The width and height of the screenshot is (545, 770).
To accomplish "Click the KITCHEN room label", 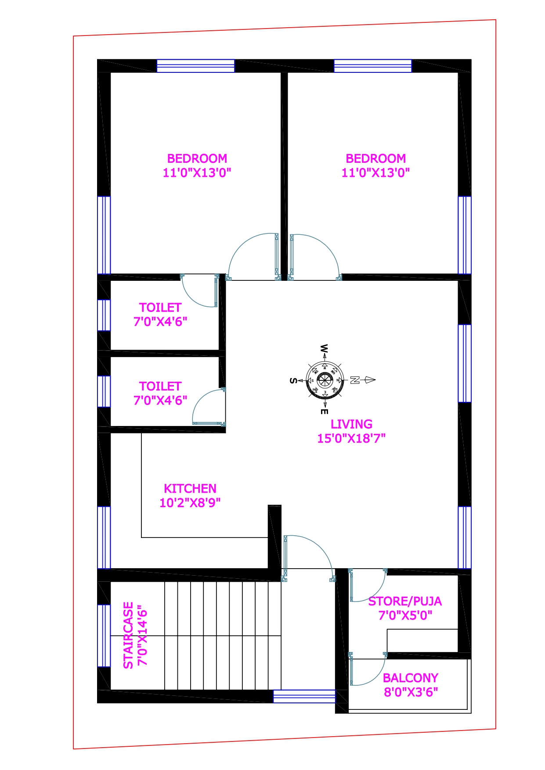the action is (x=190, y=488).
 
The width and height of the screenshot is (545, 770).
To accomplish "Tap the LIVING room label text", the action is (x=351, y=424).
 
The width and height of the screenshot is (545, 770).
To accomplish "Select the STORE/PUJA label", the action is (x=405, y=601).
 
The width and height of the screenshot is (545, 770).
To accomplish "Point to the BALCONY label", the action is (x=411, y=678).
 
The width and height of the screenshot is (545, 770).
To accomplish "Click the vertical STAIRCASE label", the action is (x=128, y=635).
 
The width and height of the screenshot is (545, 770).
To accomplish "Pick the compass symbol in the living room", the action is (x=325, y=380).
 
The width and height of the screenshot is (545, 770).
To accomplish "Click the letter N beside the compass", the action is (x=355, y=380).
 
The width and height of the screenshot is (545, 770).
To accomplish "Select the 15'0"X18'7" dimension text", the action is (x=351, y=438).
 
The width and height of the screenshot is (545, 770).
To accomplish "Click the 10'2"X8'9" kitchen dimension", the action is (x=190, y=502).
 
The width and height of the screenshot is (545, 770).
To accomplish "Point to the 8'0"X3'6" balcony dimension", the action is (x=411, y=692).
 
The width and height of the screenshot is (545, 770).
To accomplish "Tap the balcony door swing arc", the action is (x=378, y=676).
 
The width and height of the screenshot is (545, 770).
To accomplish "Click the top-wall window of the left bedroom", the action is (x=196, y=66).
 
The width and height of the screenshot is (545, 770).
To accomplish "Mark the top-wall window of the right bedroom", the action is (x=373, y=66).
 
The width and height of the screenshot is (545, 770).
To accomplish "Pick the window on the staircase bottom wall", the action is (x=304, y=696).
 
